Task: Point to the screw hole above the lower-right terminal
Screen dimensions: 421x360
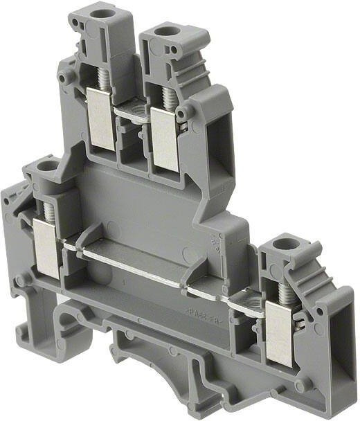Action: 282,243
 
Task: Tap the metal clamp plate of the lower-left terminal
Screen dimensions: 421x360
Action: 44,244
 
